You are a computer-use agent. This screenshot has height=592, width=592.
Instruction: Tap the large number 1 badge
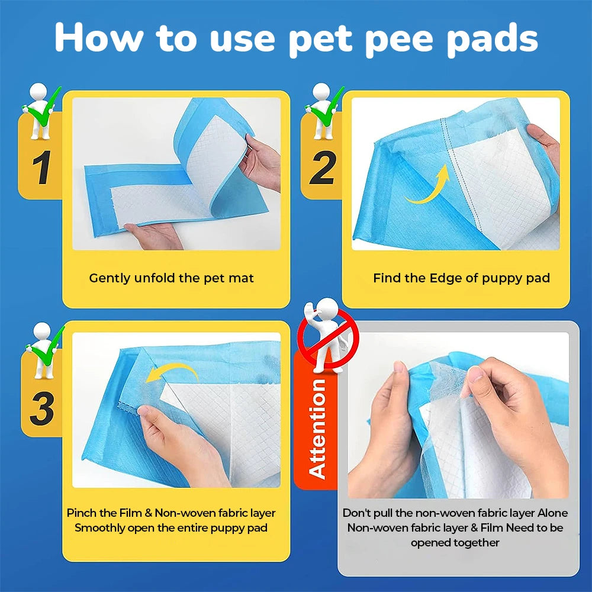(40, 168)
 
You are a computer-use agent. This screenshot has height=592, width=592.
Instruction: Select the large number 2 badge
(322, 168)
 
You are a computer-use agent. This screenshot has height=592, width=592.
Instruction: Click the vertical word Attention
(317, 429)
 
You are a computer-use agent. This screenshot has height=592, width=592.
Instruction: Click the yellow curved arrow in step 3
(172, 373)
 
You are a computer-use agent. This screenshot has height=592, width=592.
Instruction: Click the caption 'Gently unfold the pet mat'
(171, 278)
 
